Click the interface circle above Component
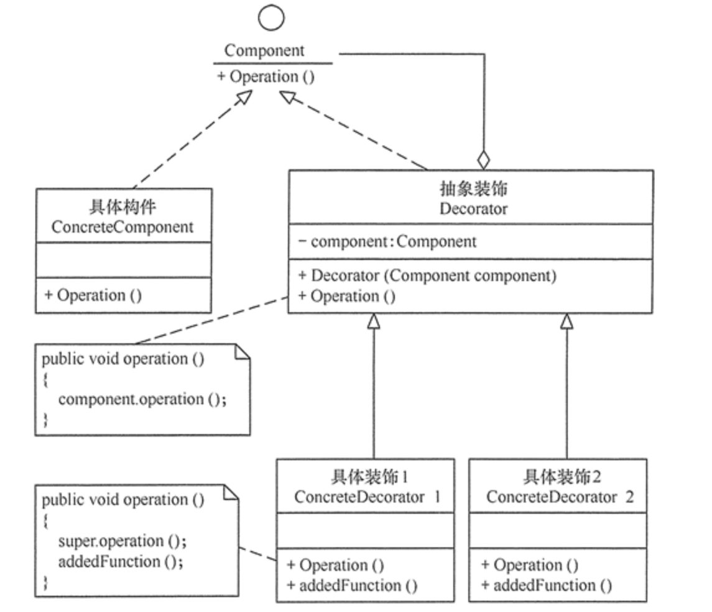point(271,17)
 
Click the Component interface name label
point(264,50)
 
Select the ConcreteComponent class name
point(123,227)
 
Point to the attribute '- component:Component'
point(387,241)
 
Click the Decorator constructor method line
point(427,276)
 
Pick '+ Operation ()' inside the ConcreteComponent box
point(93,295)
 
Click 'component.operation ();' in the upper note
point(142,399)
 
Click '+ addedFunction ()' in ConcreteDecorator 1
point(352,585)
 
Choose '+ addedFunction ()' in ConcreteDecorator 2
point(546,585)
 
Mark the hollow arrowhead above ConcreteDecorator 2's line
point(566,321)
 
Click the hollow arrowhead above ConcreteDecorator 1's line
point(372,321)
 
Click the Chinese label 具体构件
point(123,207)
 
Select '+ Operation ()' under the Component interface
point(266,76)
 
